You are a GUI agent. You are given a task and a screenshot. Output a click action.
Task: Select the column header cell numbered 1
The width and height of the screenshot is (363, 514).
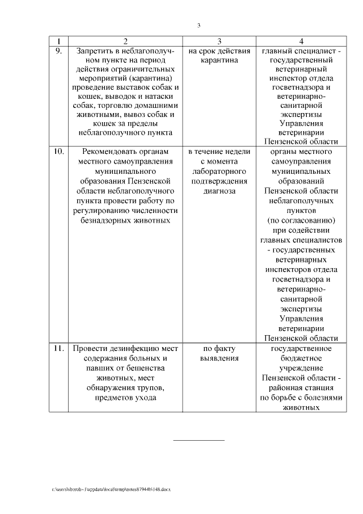click(x=58, y=41)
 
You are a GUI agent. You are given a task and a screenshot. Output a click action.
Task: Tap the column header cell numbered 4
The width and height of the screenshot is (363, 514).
click(x=301, y=41)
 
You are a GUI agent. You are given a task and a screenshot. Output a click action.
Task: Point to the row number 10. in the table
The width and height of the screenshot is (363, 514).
click(x=58, y=152)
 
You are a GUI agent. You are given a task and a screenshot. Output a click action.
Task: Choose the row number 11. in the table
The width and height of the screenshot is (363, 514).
click(x=58, y=349)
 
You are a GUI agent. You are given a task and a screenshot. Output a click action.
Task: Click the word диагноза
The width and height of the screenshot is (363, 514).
click(x=219, y=191)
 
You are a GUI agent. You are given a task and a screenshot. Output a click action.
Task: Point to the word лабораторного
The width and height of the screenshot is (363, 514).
click(x=219, y=172)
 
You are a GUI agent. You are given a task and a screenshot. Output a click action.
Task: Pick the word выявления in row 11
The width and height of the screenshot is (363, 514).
click(x=219, y=358)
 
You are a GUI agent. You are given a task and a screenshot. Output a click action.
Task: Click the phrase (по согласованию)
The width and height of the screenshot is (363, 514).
click(x=301, y=220)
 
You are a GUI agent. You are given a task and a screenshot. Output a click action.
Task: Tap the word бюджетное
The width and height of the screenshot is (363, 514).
click(x=301, y=358)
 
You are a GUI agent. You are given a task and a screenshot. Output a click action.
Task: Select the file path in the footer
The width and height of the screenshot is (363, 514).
click(x=111, y=489)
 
